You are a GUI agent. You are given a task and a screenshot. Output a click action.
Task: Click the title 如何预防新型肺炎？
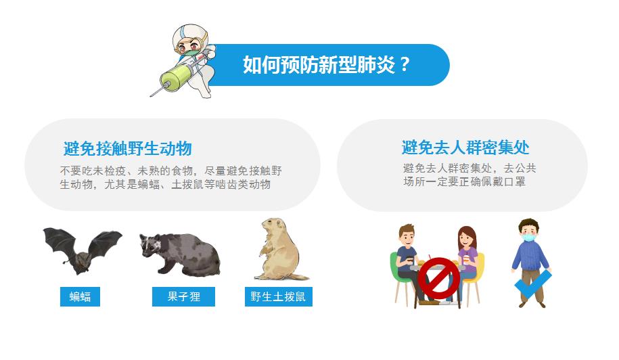327,64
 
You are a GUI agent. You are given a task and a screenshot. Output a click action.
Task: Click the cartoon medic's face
188,46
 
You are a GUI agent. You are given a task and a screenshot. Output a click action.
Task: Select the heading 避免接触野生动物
127,149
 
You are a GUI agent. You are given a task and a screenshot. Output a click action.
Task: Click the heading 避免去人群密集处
465,148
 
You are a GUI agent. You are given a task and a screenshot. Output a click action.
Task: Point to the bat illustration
83,250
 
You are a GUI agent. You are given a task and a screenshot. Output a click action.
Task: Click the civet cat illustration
180,253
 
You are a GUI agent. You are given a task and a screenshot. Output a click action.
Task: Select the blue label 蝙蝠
80,296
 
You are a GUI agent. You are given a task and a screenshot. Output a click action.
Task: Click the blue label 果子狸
183,296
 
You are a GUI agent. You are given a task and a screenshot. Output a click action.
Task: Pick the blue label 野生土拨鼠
278,296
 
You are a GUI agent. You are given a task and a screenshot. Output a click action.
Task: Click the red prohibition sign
438,278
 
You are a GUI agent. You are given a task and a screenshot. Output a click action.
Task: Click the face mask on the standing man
528,238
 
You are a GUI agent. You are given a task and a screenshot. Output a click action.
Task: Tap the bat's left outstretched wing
60,241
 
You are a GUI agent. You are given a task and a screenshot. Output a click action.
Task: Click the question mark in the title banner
405,64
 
